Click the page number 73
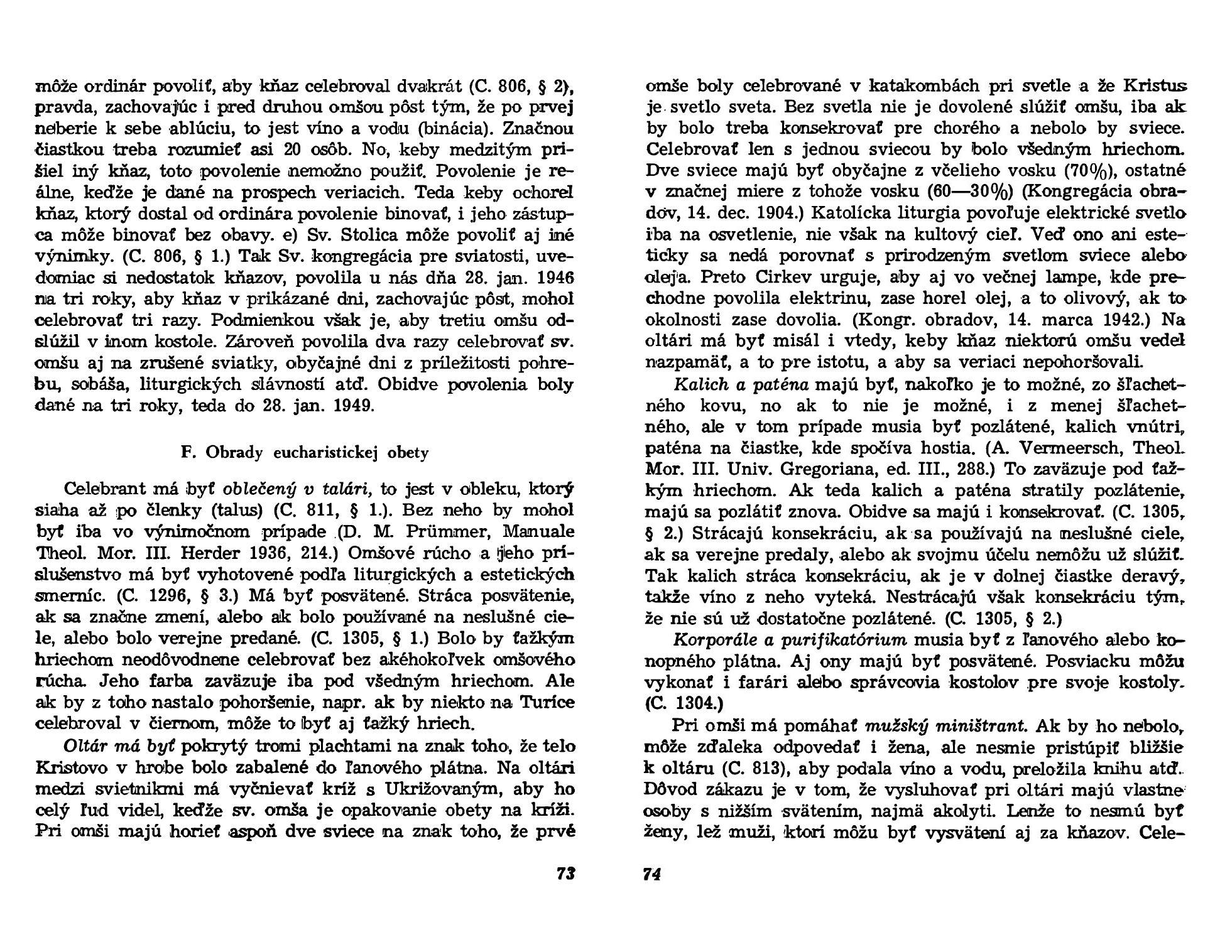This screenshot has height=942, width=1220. (x=565, y=874)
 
